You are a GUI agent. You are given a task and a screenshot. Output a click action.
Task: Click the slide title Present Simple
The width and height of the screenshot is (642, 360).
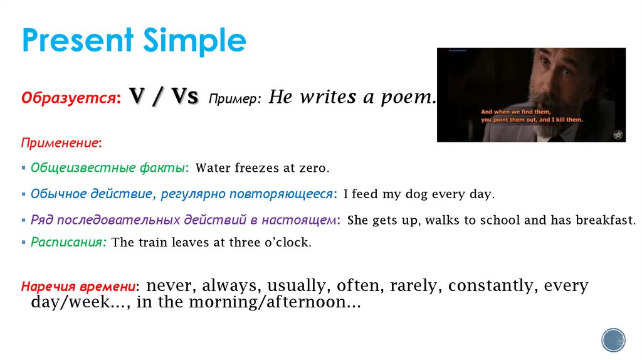(134, 41)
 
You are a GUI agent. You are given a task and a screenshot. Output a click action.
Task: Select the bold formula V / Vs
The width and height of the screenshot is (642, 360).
(164, 97)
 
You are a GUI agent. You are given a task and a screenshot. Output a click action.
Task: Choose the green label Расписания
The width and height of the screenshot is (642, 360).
(68, 242)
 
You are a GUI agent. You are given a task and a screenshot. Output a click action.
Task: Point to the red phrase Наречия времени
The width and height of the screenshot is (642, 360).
(78, 287)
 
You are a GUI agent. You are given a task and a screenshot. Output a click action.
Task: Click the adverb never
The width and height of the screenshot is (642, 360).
(170, 286)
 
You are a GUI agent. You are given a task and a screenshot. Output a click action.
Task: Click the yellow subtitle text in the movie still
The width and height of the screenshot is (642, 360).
(532, 115)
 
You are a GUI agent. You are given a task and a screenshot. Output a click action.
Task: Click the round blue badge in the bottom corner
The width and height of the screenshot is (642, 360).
(613, 340)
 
